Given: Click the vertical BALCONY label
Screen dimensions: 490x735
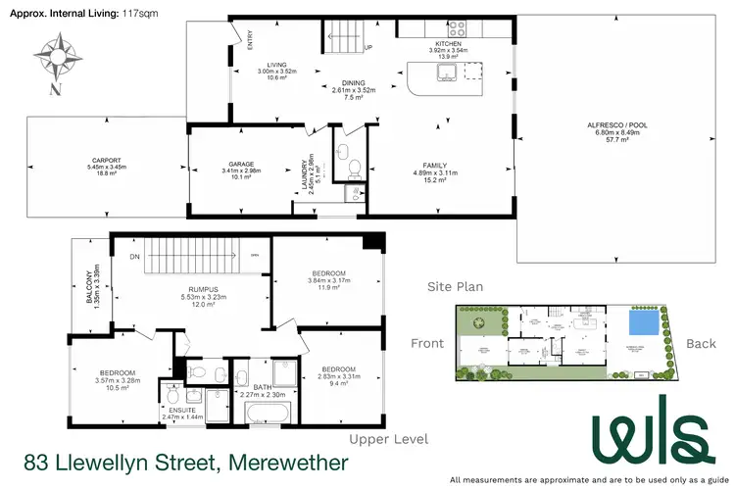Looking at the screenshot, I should [87, 288].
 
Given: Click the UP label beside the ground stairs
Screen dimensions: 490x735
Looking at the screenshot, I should [368, 47].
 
